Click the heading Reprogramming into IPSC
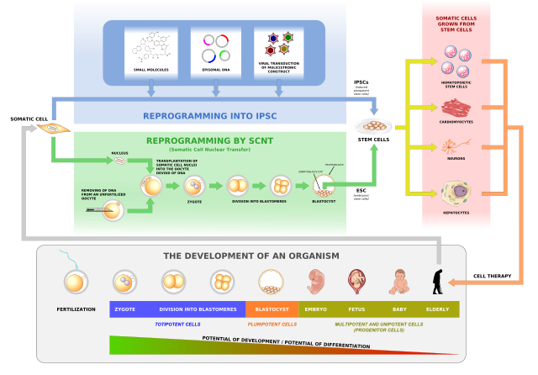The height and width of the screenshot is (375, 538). pos(210,115)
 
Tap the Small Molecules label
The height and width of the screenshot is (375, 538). pos(151,69)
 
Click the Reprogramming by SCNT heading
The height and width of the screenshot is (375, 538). pos(209,140)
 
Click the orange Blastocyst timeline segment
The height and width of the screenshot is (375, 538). pos(272,309)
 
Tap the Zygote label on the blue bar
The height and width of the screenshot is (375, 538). pos(125,309)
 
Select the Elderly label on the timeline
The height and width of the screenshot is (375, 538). pos(437,309)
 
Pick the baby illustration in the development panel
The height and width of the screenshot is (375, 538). pos(399,281)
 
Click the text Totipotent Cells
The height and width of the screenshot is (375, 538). pos(177,324)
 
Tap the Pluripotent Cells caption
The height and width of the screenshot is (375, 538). pos(272,324)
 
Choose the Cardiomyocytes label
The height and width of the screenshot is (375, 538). pos(456,121)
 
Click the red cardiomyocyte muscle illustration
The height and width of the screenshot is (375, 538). pos(456,107)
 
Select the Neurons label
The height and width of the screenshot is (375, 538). pos(456,158)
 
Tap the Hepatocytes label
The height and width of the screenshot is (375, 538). pos(456,213)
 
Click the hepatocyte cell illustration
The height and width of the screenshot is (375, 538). pos(456,193)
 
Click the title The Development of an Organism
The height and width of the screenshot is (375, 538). pos(251,256)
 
